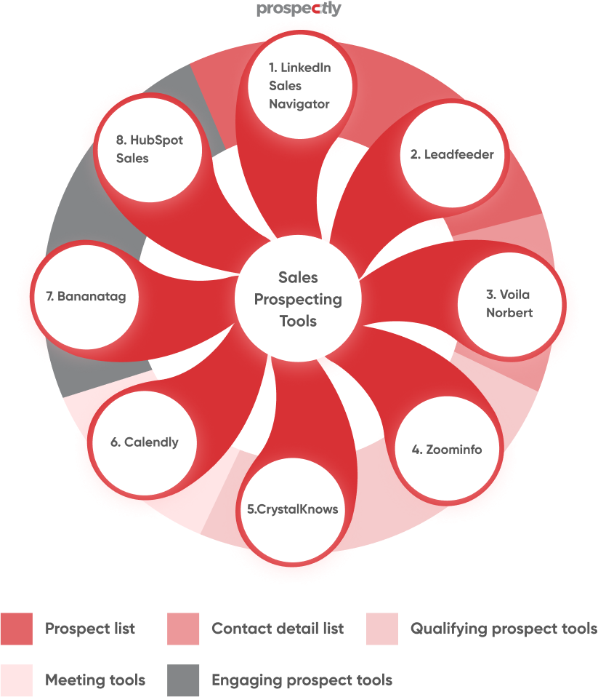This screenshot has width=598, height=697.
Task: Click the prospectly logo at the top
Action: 299,9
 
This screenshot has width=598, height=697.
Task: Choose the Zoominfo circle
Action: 447,449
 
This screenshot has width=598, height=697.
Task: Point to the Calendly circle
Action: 144,442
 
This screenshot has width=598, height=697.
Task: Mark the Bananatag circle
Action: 86,296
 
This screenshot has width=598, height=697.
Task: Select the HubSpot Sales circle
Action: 150,149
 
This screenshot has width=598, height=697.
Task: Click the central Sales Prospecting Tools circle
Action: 299,298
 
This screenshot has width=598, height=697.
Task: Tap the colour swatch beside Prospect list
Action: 16,629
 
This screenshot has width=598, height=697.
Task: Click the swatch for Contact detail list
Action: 183,629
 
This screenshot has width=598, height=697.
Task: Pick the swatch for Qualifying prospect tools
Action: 382,629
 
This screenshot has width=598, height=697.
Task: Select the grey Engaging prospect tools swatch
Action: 183,680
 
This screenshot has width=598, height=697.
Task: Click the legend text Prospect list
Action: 90,629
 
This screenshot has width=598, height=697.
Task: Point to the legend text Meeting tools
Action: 95,680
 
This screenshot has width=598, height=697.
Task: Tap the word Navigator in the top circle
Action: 299,104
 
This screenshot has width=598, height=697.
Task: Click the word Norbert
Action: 510,313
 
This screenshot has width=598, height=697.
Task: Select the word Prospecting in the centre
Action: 299,299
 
